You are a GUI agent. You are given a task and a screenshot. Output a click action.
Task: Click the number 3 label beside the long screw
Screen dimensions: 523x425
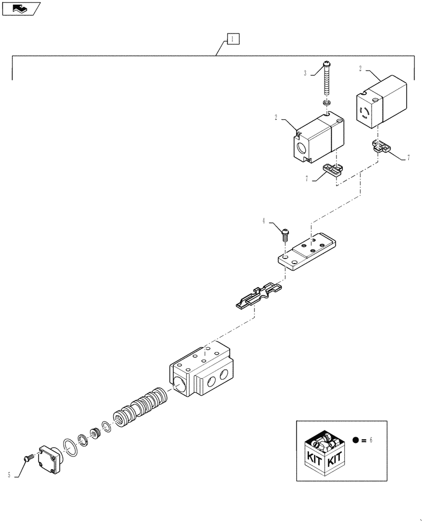coord(305,74)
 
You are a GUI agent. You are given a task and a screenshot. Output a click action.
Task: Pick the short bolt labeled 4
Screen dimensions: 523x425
coord(286,233)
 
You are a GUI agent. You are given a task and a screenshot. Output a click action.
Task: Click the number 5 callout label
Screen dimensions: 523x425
coord(9,475)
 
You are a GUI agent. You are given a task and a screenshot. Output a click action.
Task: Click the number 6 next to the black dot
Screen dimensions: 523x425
coord(371,440)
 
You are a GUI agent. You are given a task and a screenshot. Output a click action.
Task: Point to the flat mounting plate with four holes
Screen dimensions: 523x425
coord(308,253)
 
